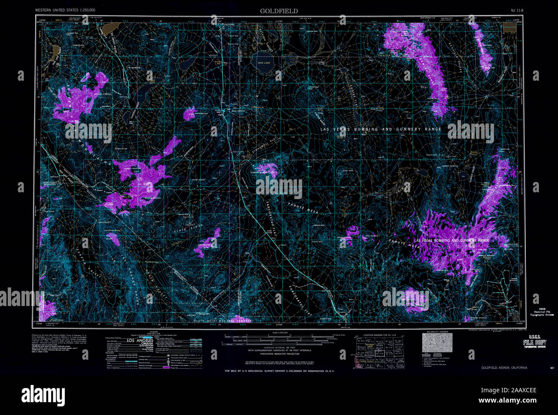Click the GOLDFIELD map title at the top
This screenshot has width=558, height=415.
[x=279, y=11]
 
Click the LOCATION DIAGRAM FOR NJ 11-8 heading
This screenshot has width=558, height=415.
[x=371, y=334]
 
